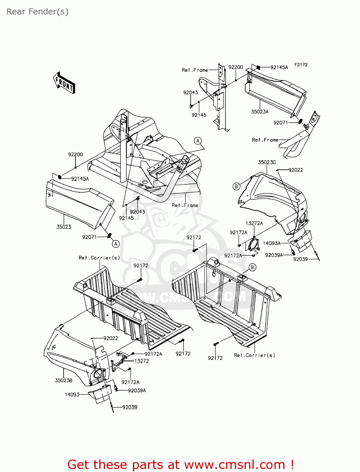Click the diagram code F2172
pos(301,65)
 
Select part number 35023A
pos(260,112)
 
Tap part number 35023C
pos(267,162)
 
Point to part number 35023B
pos(64,380)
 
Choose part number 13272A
pos(254,223)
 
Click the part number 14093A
pos(272,243)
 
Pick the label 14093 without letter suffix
pos(72,395)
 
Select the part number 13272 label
pos(141,361)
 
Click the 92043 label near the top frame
pos(191,93)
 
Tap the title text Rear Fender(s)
pos(37,12)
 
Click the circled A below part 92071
pos(116,244)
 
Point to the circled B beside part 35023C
pos(236,186)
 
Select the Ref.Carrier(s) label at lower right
pos(254,355)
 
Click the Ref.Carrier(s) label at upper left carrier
pos(99,258)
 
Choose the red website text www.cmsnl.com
pos(234,465)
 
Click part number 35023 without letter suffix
pos(64,227)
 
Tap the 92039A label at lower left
pos(137,391)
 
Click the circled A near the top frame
pos(198,141)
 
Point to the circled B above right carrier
pos(252,267)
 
